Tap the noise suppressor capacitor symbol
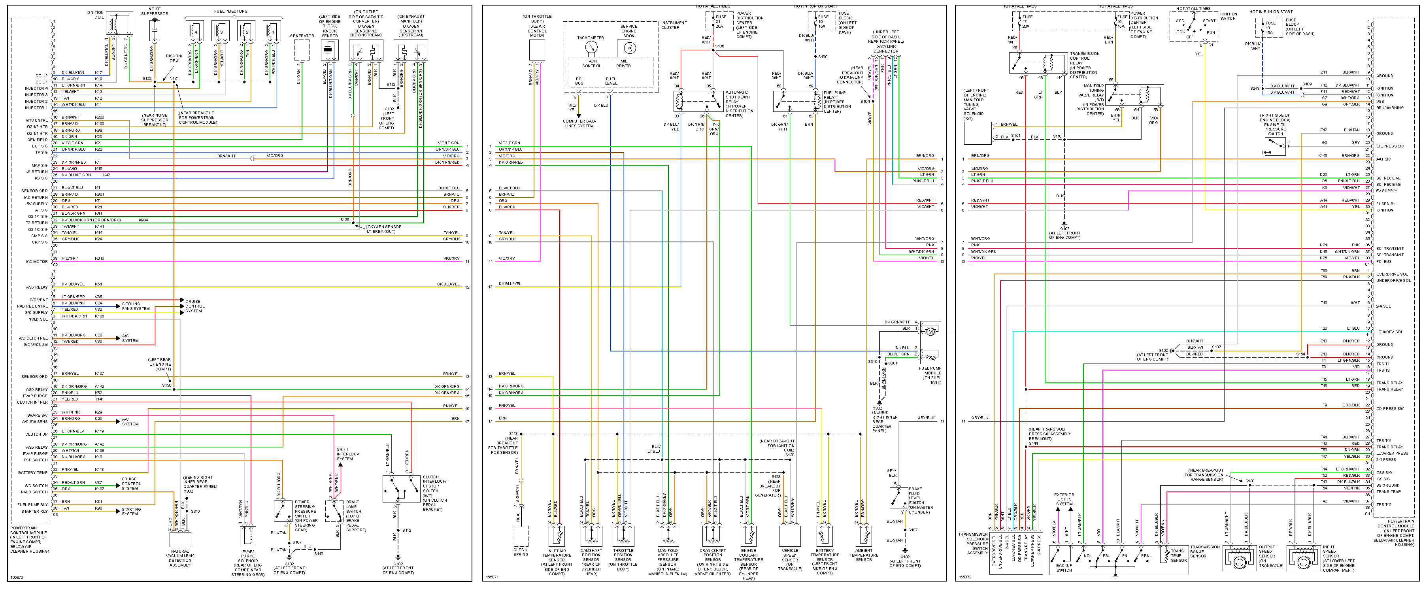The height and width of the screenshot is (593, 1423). click(155, 30)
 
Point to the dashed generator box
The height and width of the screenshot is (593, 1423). click(302, 50)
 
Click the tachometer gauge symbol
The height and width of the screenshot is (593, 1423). click(591, 49)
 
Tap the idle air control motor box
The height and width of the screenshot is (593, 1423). click(537, 50)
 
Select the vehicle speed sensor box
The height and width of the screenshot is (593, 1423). click(790, 535)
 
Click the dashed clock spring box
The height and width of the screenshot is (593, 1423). click(520, 536)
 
